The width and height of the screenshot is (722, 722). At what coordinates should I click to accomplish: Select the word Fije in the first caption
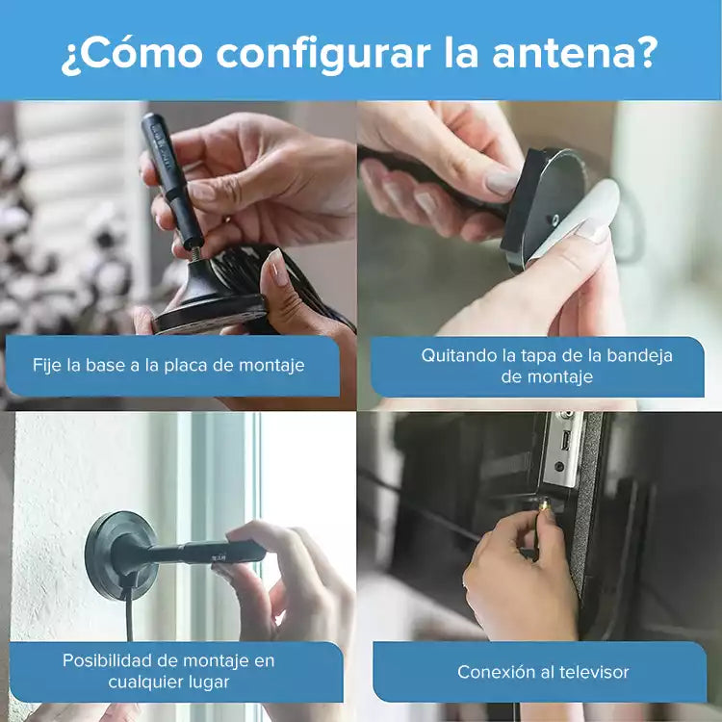pos(48,366)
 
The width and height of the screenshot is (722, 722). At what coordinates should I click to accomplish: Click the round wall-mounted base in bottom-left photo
pos(120,553)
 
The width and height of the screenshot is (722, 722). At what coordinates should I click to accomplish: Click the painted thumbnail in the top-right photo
pos(502,179)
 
